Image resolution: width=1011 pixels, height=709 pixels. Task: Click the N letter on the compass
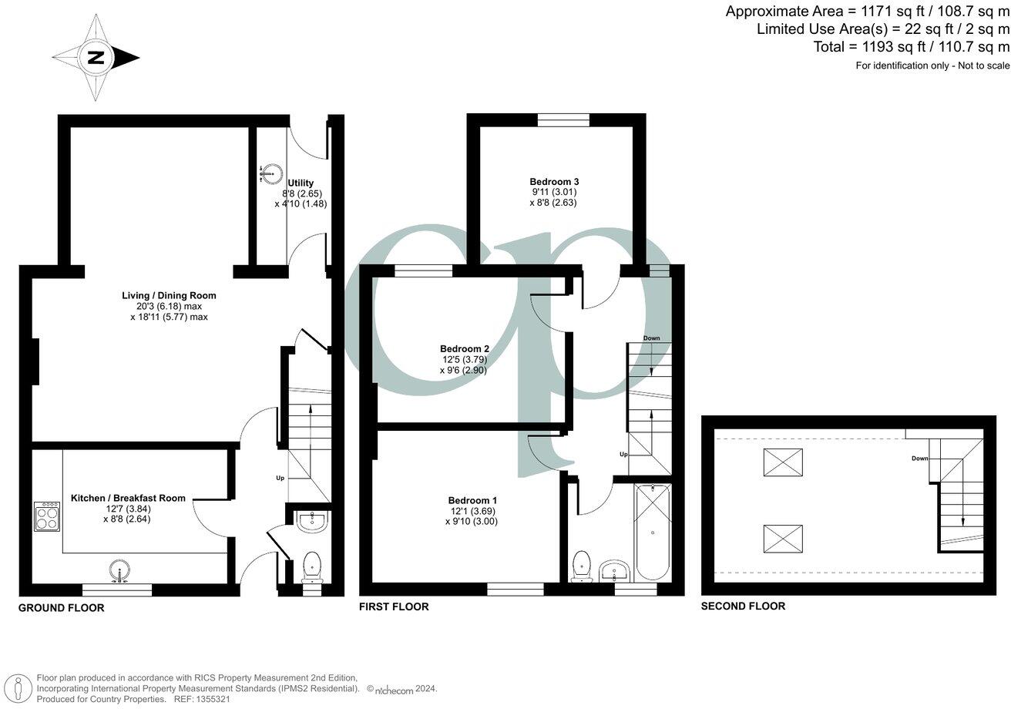click(x=96, y=58)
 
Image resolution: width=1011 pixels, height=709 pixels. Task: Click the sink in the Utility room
click(x=267, y=173)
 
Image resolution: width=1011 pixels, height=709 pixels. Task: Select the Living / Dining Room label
click(x=169, y=295)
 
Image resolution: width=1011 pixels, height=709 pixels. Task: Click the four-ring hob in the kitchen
click(x=47, y=516)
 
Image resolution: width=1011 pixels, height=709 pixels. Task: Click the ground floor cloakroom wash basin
click(x=312, y=521)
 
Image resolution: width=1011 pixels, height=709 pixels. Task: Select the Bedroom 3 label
click(x=554, y=181)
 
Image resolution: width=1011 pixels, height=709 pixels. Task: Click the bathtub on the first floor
click(x=653, y=532)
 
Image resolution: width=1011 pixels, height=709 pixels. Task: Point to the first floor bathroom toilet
click(x=583, y=566)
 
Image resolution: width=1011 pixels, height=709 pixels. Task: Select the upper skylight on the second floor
click(x=782, y=462)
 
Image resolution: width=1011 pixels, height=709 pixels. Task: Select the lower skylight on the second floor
click(x=782, y=538)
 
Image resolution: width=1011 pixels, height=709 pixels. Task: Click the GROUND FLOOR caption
click(x=61, y=608)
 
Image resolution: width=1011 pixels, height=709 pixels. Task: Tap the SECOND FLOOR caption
click(x=743, y=607)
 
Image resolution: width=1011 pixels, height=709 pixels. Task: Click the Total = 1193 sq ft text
click(x=911, y=47)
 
